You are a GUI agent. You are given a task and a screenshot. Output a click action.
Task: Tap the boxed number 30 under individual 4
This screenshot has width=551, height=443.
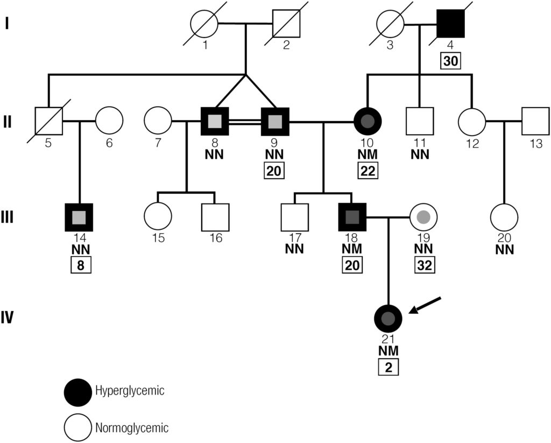click(x=451, y=61)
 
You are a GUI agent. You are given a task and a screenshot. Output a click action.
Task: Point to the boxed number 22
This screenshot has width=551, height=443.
click(x=368, y=172)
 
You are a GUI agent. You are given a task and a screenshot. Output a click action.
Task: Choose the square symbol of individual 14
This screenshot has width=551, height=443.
click(x=79, y=217)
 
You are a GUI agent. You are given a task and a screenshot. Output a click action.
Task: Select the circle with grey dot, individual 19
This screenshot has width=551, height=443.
click(x=423, y=217)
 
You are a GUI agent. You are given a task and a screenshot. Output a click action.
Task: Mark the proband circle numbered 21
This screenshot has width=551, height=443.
click(x=388, y=318)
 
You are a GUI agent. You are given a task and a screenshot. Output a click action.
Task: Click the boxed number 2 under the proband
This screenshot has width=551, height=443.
click(x=388, y=368)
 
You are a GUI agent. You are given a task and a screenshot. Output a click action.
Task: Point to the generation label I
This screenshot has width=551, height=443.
click(x=7, y=24)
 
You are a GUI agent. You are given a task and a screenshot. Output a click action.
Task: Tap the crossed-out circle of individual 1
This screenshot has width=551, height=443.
click(x=204, y=24)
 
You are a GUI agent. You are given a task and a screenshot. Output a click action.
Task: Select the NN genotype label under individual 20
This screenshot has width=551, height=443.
click(x=504, y=249)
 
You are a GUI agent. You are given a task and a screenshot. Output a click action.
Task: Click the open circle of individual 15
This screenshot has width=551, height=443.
click(x=158, y=217)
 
